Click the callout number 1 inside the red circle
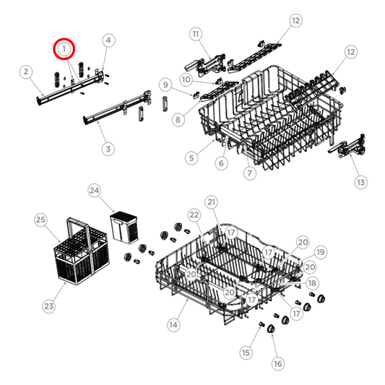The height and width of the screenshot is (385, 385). point(65,49)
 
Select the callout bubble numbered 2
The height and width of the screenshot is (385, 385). point(26,72)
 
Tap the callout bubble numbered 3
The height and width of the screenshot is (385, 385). point(108,149)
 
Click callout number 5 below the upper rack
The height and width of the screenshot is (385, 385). point(191,157)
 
